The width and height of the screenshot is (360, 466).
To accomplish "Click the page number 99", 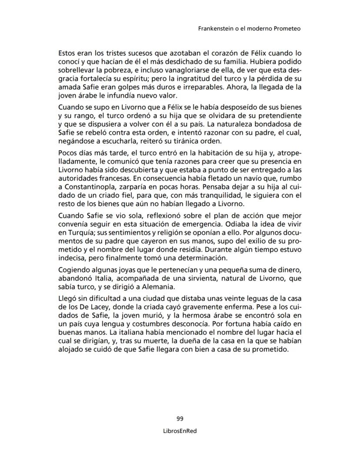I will [180, 419].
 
